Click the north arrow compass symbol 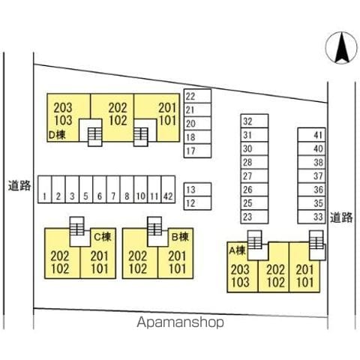point(341,48)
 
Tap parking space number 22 point(197,96)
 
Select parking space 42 point(168,189)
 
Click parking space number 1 point(45,189)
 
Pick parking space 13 point(197,190)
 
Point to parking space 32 point(254,121)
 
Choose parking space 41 point(311,135)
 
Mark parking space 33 point(311,217)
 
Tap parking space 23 point(254,217)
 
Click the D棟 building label point(57,135)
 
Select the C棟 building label point(103,236)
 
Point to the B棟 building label point(180,236)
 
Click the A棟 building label point(238,250)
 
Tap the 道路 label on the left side point(19,185)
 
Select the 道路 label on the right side point(341,217)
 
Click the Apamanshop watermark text point(180,322)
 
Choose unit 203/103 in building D point(63,114)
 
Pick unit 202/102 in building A point(275,276)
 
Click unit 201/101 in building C point(100,262)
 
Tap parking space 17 point(197,151)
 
